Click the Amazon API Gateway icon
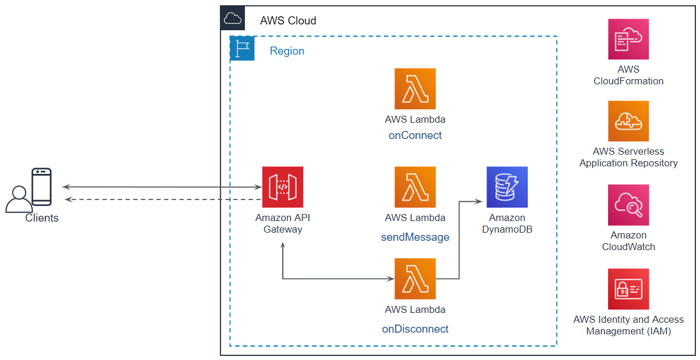tap(282, 187)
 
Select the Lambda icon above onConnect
tap(415, 89)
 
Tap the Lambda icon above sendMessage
tap(415, 187)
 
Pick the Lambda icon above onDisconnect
tap(415, 279)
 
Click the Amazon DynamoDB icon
tap(507, 187)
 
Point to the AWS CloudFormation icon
tap(628, 39)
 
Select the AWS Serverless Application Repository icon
tap(628, 121)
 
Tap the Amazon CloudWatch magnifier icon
tap(628, 205)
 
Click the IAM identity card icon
tap(628, 289)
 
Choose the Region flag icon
tap(242, 48)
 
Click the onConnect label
tap(415, 136)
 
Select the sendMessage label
tap(415, 237)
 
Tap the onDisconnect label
tap(415, 329)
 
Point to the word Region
tap(287, 51)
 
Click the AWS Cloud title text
tap(288, 21)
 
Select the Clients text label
tap(42, 218)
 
